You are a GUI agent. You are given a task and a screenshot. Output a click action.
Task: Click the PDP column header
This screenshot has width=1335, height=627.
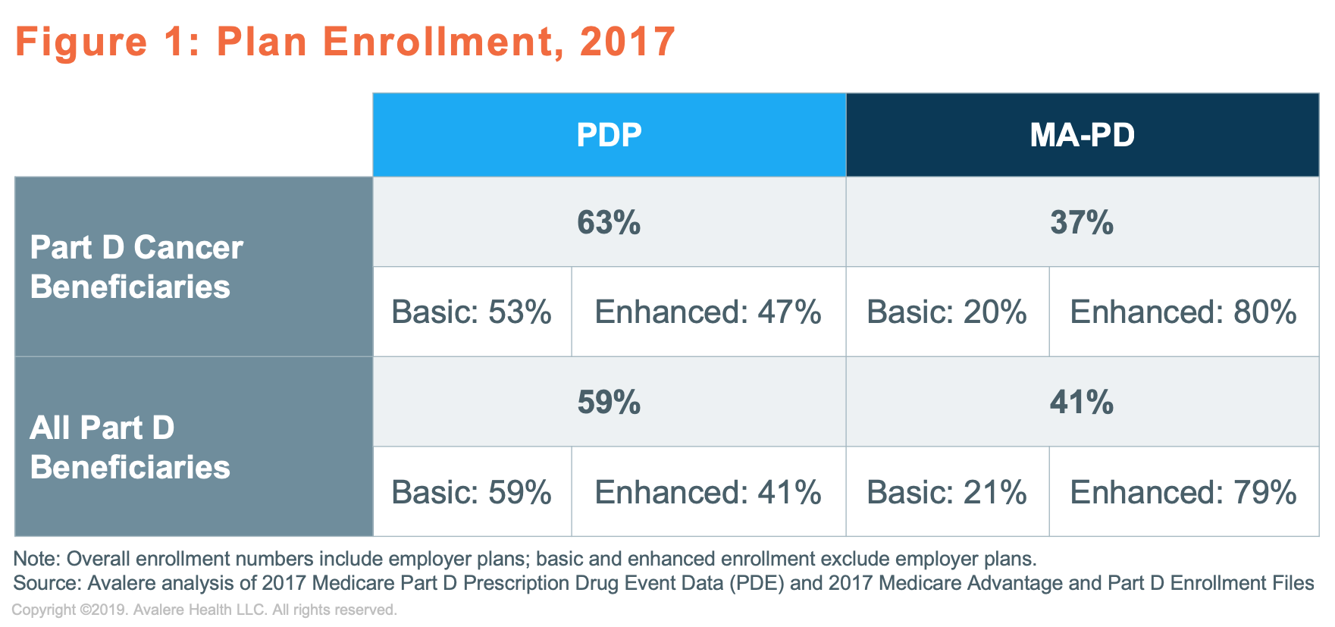coord(609,135)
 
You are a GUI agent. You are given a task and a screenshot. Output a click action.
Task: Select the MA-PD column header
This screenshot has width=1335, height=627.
coord(1083,135)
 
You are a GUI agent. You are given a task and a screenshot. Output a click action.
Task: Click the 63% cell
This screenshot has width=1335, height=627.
coord(609,222)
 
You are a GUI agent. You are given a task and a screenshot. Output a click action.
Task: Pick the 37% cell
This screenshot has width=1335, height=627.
coord(1083,222)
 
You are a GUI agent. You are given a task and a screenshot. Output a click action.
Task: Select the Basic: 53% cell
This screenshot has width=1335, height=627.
coord(472,312)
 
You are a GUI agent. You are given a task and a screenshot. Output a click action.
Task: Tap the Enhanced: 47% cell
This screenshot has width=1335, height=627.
coord(709,312)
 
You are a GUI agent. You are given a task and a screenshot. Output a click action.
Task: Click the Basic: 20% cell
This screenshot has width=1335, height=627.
coord(948,312)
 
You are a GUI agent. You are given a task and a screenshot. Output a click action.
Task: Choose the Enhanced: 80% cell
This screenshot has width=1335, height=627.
coord(1184,312)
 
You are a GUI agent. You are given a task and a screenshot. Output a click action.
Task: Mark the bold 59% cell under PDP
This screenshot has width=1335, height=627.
coord(609,402)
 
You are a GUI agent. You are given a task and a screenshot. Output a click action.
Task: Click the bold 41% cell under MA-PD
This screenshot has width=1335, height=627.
coord(1083,402)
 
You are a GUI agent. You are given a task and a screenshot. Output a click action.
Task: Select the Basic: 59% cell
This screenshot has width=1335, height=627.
coord(472,492)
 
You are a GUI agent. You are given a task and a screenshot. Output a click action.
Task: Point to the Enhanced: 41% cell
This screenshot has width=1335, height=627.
coord(709,492)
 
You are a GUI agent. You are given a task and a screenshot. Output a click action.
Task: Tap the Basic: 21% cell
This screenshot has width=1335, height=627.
coord(948,492)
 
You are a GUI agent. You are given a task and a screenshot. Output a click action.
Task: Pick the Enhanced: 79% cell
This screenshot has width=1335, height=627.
coord(1184,492)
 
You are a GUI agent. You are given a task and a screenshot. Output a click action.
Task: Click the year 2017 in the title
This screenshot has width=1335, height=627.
coord(628,41)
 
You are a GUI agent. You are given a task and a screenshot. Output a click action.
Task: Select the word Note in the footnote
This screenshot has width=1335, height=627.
coord(36,559)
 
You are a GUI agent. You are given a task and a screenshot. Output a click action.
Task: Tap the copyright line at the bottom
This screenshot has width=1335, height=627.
coord(204,610)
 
